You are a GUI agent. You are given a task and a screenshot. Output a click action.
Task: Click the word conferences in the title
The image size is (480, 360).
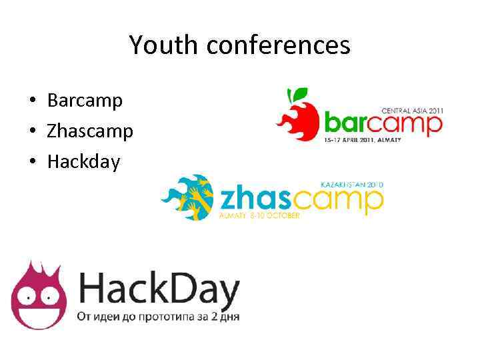coord(278,45)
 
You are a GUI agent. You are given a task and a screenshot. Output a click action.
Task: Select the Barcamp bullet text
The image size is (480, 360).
coord(85,101)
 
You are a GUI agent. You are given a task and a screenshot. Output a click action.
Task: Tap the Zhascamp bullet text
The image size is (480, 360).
coord(90,131)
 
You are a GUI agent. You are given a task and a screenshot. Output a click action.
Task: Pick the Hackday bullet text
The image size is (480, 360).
coord(83,161)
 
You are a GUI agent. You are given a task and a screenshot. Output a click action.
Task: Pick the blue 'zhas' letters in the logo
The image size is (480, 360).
coord(254,199)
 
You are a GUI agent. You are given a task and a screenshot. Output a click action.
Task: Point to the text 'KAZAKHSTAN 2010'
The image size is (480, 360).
coord(352,183)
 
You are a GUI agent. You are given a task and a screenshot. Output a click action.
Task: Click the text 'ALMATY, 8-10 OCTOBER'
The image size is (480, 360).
coord(259,216)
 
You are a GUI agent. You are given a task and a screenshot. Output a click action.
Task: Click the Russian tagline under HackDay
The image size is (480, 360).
coord(159,316)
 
